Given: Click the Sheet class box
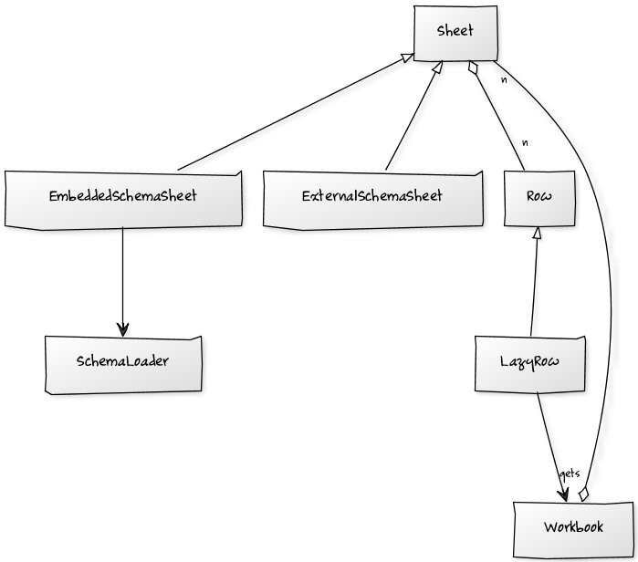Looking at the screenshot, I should click(x=455, y=33).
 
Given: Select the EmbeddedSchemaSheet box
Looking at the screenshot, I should click(x=123, y=198).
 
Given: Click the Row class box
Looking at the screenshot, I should click(x=539, y=198).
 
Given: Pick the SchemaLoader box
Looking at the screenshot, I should click(x=123, y=362).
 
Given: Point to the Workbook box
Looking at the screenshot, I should click(x=573, y=528).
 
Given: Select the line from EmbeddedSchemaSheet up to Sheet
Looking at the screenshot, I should click(x=292, y=114).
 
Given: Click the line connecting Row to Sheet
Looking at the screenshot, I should click(x=500, y=119).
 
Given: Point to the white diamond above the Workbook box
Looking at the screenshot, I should click(x=583, y=494).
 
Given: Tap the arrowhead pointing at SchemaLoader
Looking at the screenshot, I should click(x=123, y=328).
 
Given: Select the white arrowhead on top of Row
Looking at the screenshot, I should click(x=539, y=234).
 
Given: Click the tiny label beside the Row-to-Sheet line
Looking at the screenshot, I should click(x=525, y=143).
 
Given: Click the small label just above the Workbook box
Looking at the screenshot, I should click(x=572, y=474).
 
